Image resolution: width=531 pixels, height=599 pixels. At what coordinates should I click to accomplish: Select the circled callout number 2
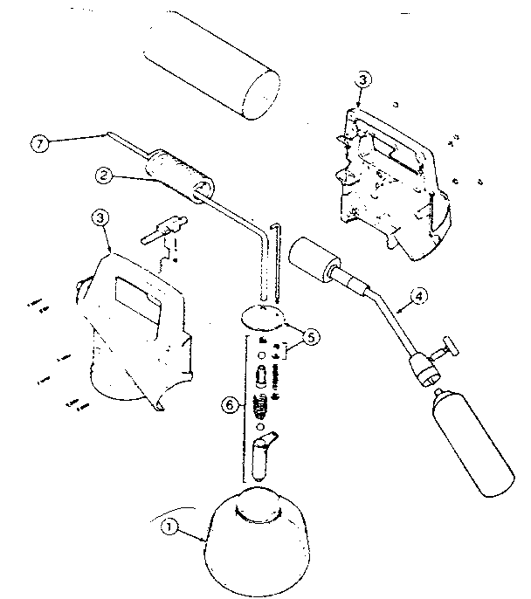point(104,176)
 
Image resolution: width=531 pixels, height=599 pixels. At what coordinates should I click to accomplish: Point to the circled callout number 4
point(420,296)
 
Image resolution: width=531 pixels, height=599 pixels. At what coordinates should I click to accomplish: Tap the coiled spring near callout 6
point(259,405)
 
